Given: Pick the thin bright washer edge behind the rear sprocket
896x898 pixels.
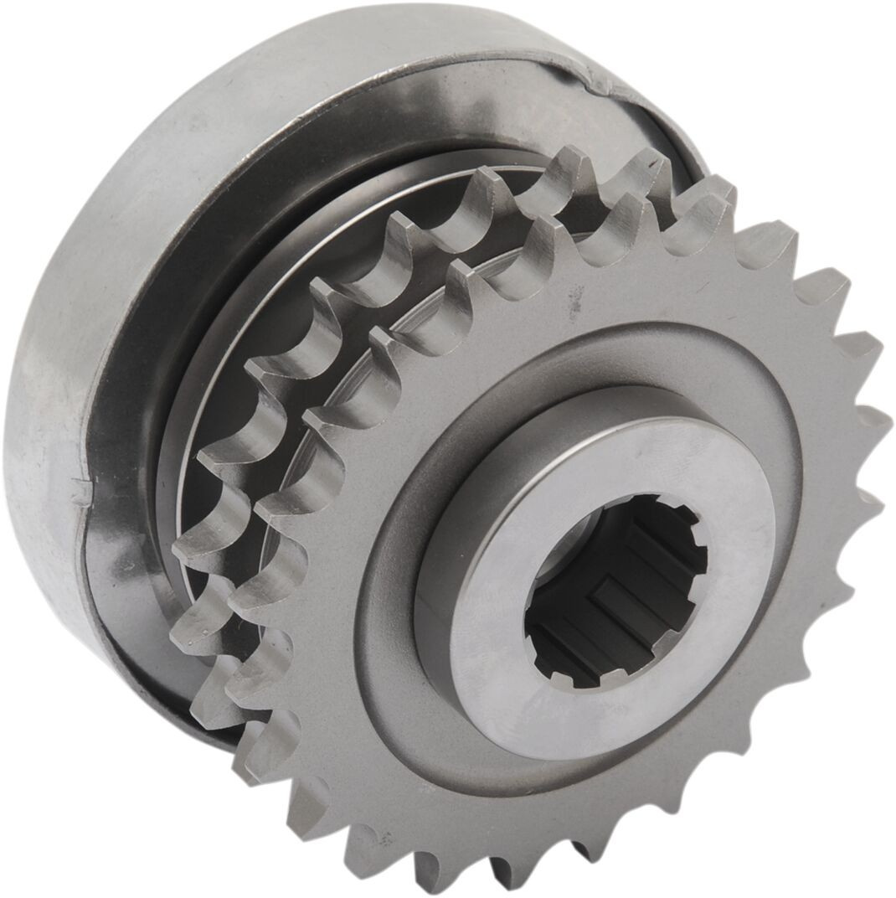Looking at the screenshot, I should click(x=251, y=352).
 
